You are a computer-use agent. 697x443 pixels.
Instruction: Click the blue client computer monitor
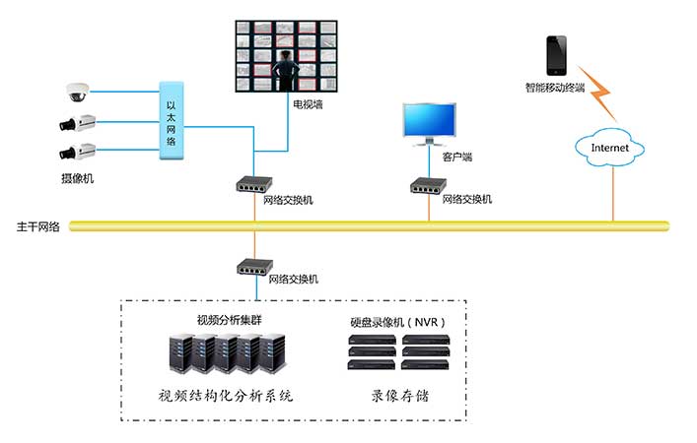coord(430,121)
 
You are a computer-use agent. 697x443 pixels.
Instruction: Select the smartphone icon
coord(557,55)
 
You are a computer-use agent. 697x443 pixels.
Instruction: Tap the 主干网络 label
coord(38,225)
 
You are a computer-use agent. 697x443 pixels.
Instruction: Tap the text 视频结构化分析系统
coord(226,397)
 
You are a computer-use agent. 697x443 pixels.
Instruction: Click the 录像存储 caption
coord(400,397)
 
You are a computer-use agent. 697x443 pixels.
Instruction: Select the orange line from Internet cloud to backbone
coord(612,192)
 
